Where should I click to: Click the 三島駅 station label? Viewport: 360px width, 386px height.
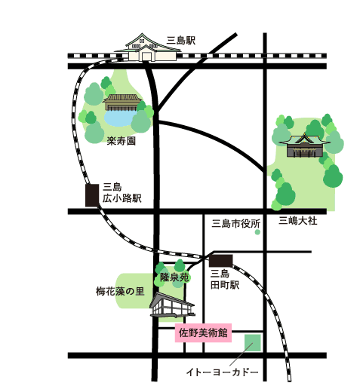click(x=181, y=41)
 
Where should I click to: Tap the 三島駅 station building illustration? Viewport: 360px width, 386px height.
click(x=148, y=47)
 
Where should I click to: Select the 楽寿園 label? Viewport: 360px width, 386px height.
click(x=122, y=141)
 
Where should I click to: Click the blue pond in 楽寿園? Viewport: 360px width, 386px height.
click(x=118, y=118)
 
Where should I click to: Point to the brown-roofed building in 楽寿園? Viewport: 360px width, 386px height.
click(x=122, y=103)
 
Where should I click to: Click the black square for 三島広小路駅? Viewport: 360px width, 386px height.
click(x=92, y=195)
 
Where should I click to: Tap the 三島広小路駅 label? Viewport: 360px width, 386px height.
click(x=122, y=193)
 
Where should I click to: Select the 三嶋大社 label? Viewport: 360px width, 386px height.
click(x=297, y=221)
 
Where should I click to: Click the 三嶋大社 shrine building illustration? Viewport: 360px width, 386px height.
click(x=305, y=146)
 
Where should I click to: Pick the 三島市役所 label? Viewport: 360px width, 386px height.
click(x=235, y=223)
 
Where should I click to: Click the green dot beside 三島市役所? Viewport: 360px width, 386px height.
click(x=257, y=232)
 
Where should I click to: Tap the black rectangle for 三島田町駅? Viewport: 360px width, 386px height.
click(x=220, y=261)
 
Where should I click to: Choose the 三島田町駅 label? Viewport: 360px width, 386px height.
click(x=225, y=279)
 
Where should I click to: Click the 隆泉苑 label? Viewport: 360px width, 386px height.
click(x=174, y=277)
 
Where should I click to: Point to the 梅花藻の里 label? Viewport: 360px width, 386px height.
click(x=120, y=291)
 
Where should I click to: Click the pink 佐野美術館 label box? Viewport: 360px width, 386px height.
click(x=203, y=332)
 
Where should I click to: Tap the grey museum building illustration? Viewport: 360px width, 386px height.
click(x=172, y=305)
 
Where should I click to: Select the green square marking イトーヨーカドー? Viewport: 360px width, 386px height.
click(x=253, y=343)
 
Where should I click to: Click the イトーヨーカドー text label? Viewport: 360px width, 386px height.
click(x=223, y=372)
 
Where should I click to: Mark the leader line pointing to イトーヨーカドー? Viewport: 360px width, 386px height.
click(x=241, y=354)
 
